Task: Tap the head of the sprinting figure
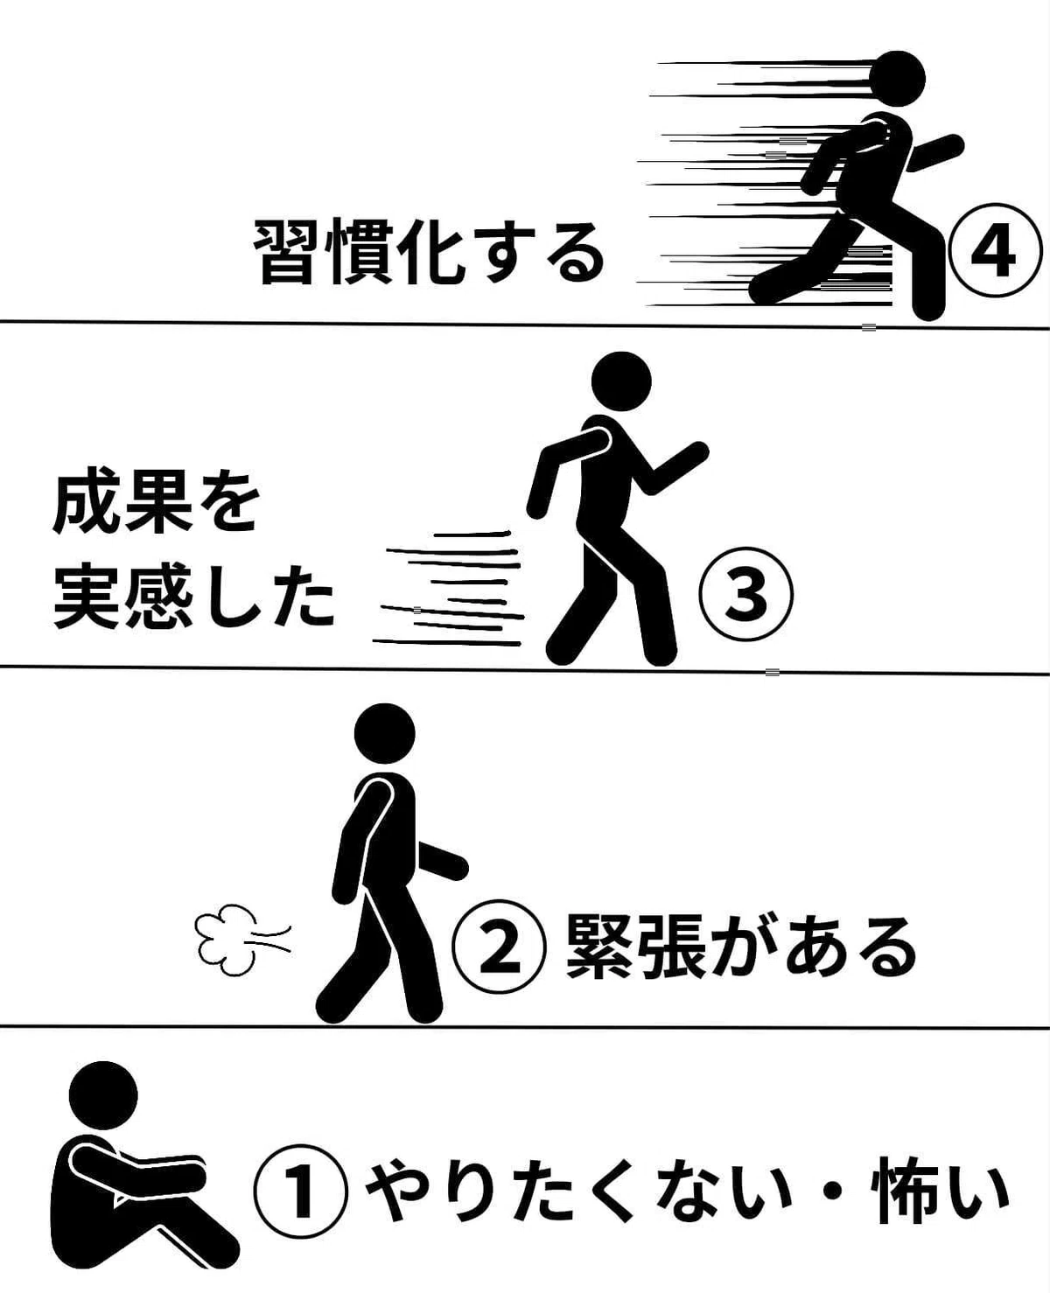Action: pos(897,79)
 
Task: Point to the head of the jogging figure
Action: pos(621,381)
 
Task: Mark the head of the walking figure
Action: pos(385,733)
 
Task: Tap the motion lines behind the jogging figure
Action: pos(448,588)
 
